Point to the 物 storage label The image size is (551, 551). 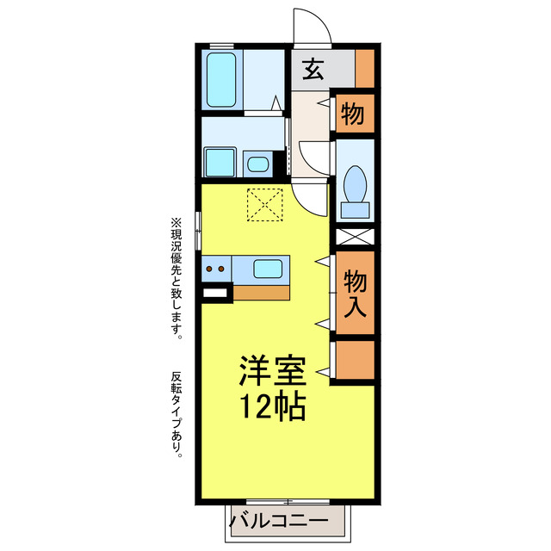click(352, 113)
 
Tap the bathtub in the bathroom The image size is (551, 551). click(223, 79)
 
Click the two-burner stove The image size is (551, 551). click(216, 269)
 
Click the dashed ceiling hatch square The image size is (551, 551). click(265, 205)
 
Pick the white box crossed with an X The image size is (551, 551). click(355, 235)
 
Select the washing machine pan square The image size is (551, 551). click(220, 161)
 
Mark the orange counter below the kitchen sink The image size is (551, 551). click(262, 291)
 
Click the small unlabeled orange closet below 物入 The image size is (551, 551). click(355, 361)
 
